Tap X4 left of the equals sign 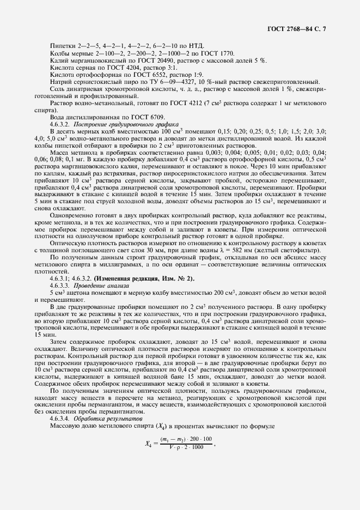(149, 444)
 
